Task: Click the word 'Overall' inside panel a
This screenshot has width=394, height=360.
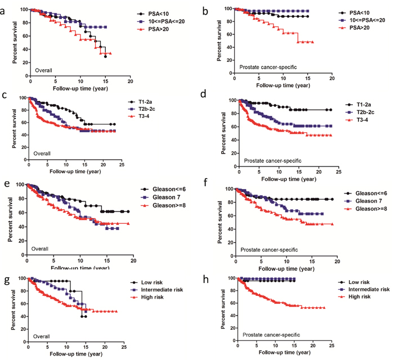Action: point(43,70)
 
